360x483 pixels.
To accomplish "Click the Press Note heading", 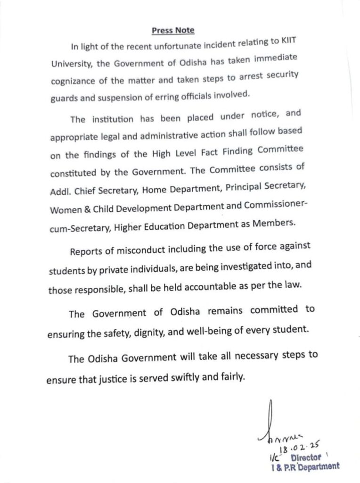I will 173,31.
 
